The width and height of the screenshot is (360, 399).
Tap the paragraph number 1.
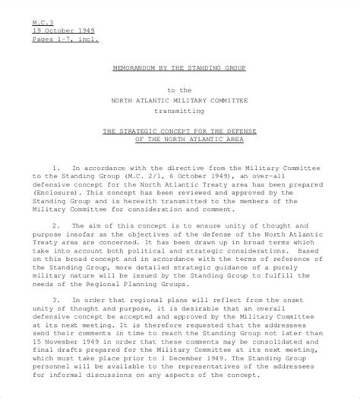(x=55, y=165)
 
